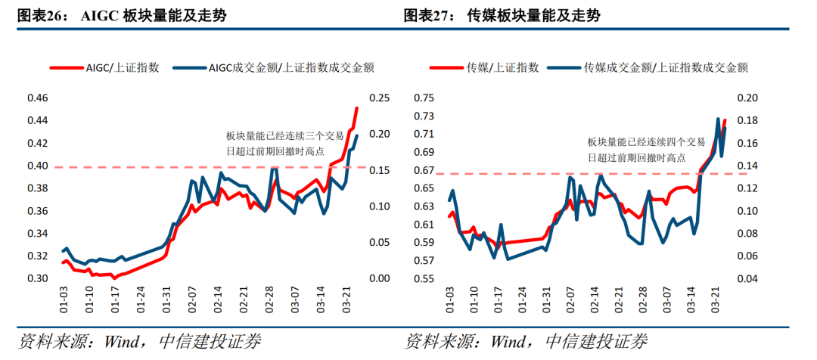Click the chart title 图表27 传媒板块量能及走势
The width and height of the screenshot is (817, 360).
(502, 15)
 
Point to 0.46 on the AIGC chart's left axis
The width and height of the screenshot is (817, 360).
(37, 98)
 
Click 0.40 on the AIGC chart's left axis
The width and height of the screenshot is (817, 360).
(37, 166)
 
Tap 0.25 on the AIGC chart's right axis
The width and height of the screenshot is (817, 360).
(379, 98)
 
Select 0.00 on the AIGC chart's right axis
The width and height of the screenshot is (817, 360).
(379, 278)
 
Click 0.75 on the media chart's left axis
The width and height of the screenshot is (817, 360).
(424, 98)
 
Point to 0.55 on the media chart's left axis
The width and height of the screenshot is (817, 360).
(424, 278)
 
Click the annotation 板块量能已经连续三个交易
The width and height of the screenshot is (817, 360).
(284, 136)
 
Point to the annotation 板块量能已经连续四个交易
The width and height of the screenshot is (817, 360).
(647, 141)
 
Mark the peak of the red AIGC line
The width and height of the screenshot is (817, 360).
(357, 108)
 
